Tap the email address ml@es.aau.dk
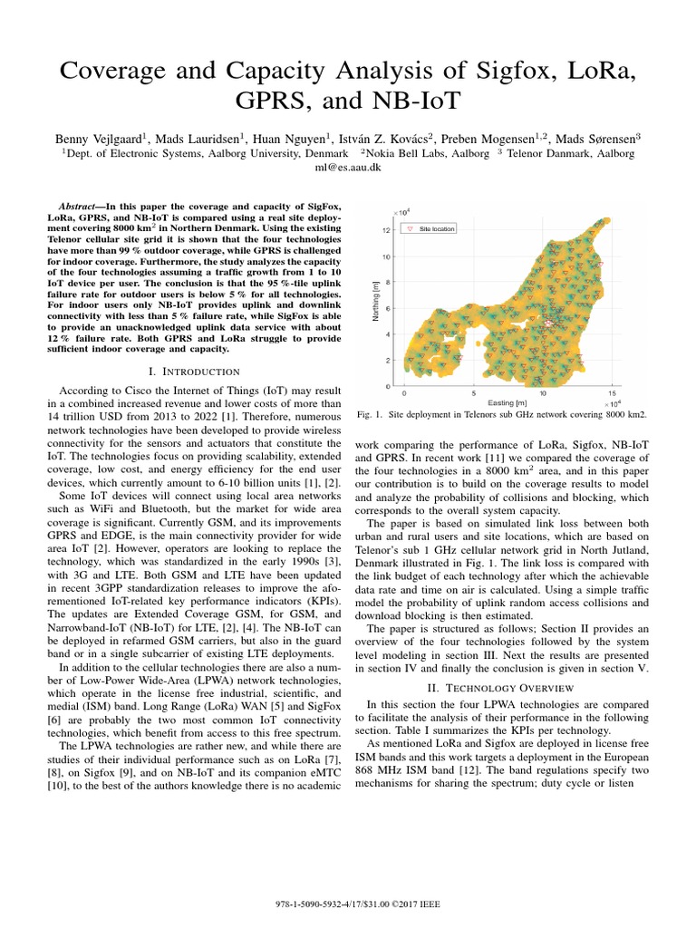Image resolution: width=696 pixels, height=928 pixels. tap(348, 169)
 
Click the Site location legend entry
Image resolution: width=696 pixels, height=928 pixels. tap(437, 229)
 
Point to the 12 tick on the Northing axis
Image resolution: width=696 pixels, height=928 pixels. tap(386, 230)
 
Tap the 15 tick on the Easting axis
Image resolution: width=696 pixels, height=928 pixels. tap(613, 394)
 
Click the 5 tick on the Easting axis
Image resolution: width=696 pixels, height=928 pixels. tap(473, 394)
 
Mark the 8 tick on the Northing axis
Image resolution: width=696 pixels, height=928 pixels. tap(388, 283)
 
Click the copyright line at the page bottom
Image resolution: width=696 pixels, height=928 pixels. tap(348, 905)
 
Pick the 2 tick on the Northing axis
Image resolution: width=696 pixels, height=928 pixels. tap(388, 361)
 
